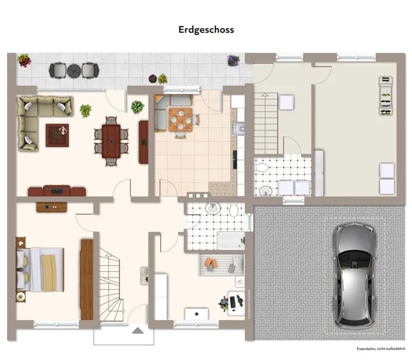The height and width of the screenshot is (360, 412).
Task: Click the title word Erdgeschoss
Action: pyautogui.click(x=206, y=29)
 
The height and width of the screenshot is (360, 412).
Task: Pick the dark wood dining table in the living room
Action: pyautogui.click(x=111, y=139)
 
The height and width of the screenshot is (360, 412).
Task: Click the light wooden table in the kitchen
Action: pyautogui.click(x=180, y=117)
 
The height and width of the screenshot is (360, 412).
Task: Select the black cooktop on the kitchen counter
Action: pyautogui.click(x=235, y=158)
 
